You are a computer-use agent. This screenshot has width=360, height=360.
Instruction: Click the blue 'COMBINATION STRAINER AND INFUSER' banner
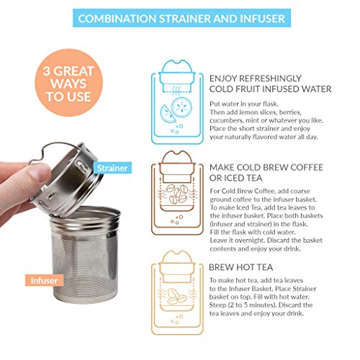[179, 17]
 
